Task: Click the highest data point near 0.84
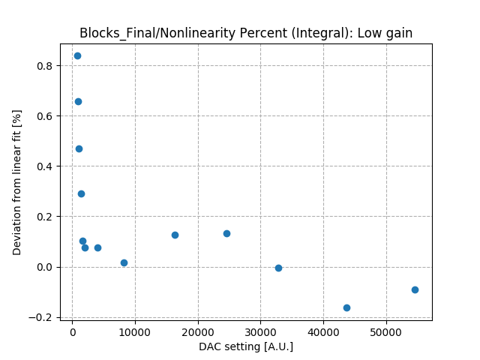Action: point(77,55)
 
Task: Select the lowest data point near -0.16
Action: point(346,307)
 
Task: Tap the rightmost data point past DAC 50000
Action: point(415,289)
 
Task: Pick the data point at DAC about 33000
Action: point(278,268)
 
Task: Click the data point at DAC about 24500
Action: point(226,233)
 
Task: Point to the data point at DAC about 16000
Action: point(175,235)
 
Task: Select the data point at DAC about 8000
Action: point(124,262)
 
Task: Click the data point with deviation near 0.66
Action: point(78,101)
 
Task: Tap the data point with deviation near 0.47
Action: point(79,148)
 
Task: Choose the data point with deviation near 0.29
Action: point(81,193)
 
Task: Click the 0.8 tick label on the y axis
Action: point(46,66)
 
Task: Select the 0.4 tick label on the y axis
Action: point(46,166)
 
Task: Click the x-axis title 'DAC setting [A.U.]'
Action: point(246,346)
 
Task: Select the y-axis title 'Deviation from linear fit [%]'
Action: point(17,182)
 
